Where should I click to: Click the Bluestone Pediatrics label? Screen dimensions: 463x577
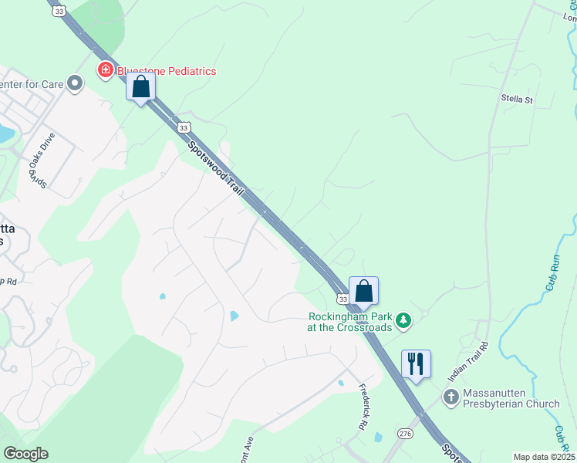(167, 71)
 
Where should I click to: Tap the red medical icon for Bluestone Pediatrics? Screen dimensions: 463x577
(105, 71)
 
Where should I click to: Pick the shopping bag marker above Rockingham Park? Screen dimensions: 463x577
(364, 292)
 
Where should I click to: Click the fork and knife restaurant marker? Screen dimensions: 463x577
(416, 363)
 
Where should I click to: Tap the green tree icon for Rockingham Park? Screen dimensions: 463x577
(402, 319)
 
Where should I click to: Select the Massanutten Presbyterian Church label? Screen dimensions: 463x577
(511, 398)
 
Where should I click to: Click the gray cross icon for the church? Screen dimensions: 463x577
(450, 397)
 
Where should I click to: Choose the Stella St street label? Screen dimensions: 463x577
(517, 100)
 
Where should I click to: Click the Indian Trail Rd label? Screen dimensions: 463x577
(469, 360)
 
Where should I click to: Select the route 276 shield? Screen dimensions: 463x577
(406, 434)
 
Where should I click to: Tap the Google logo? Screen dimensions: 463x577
(25, 454)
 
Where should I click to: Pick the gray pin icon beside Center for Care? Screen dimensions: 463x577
(75, 83)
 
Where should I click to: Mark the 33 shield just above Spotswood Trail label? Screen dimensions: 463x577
(182, 128)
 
